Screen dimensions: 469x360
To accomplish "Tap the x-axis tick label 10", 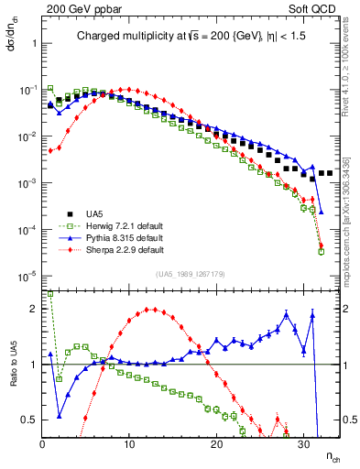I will pyautogui.click(x=129, y=444).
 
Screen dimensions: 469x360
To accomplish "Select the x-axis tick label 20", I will pyautogui.click(x=216, y=444).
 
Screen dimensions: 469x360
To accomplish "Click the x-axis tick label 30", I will pyautogui.click(x=303, y=444).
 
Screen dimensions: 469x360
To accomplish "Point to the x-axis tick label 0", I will pyautogui.click(x=42, y=444).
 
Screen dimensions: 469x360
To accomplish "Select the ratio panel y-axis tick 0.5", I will pyautogui.click(x=29, y=420).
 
